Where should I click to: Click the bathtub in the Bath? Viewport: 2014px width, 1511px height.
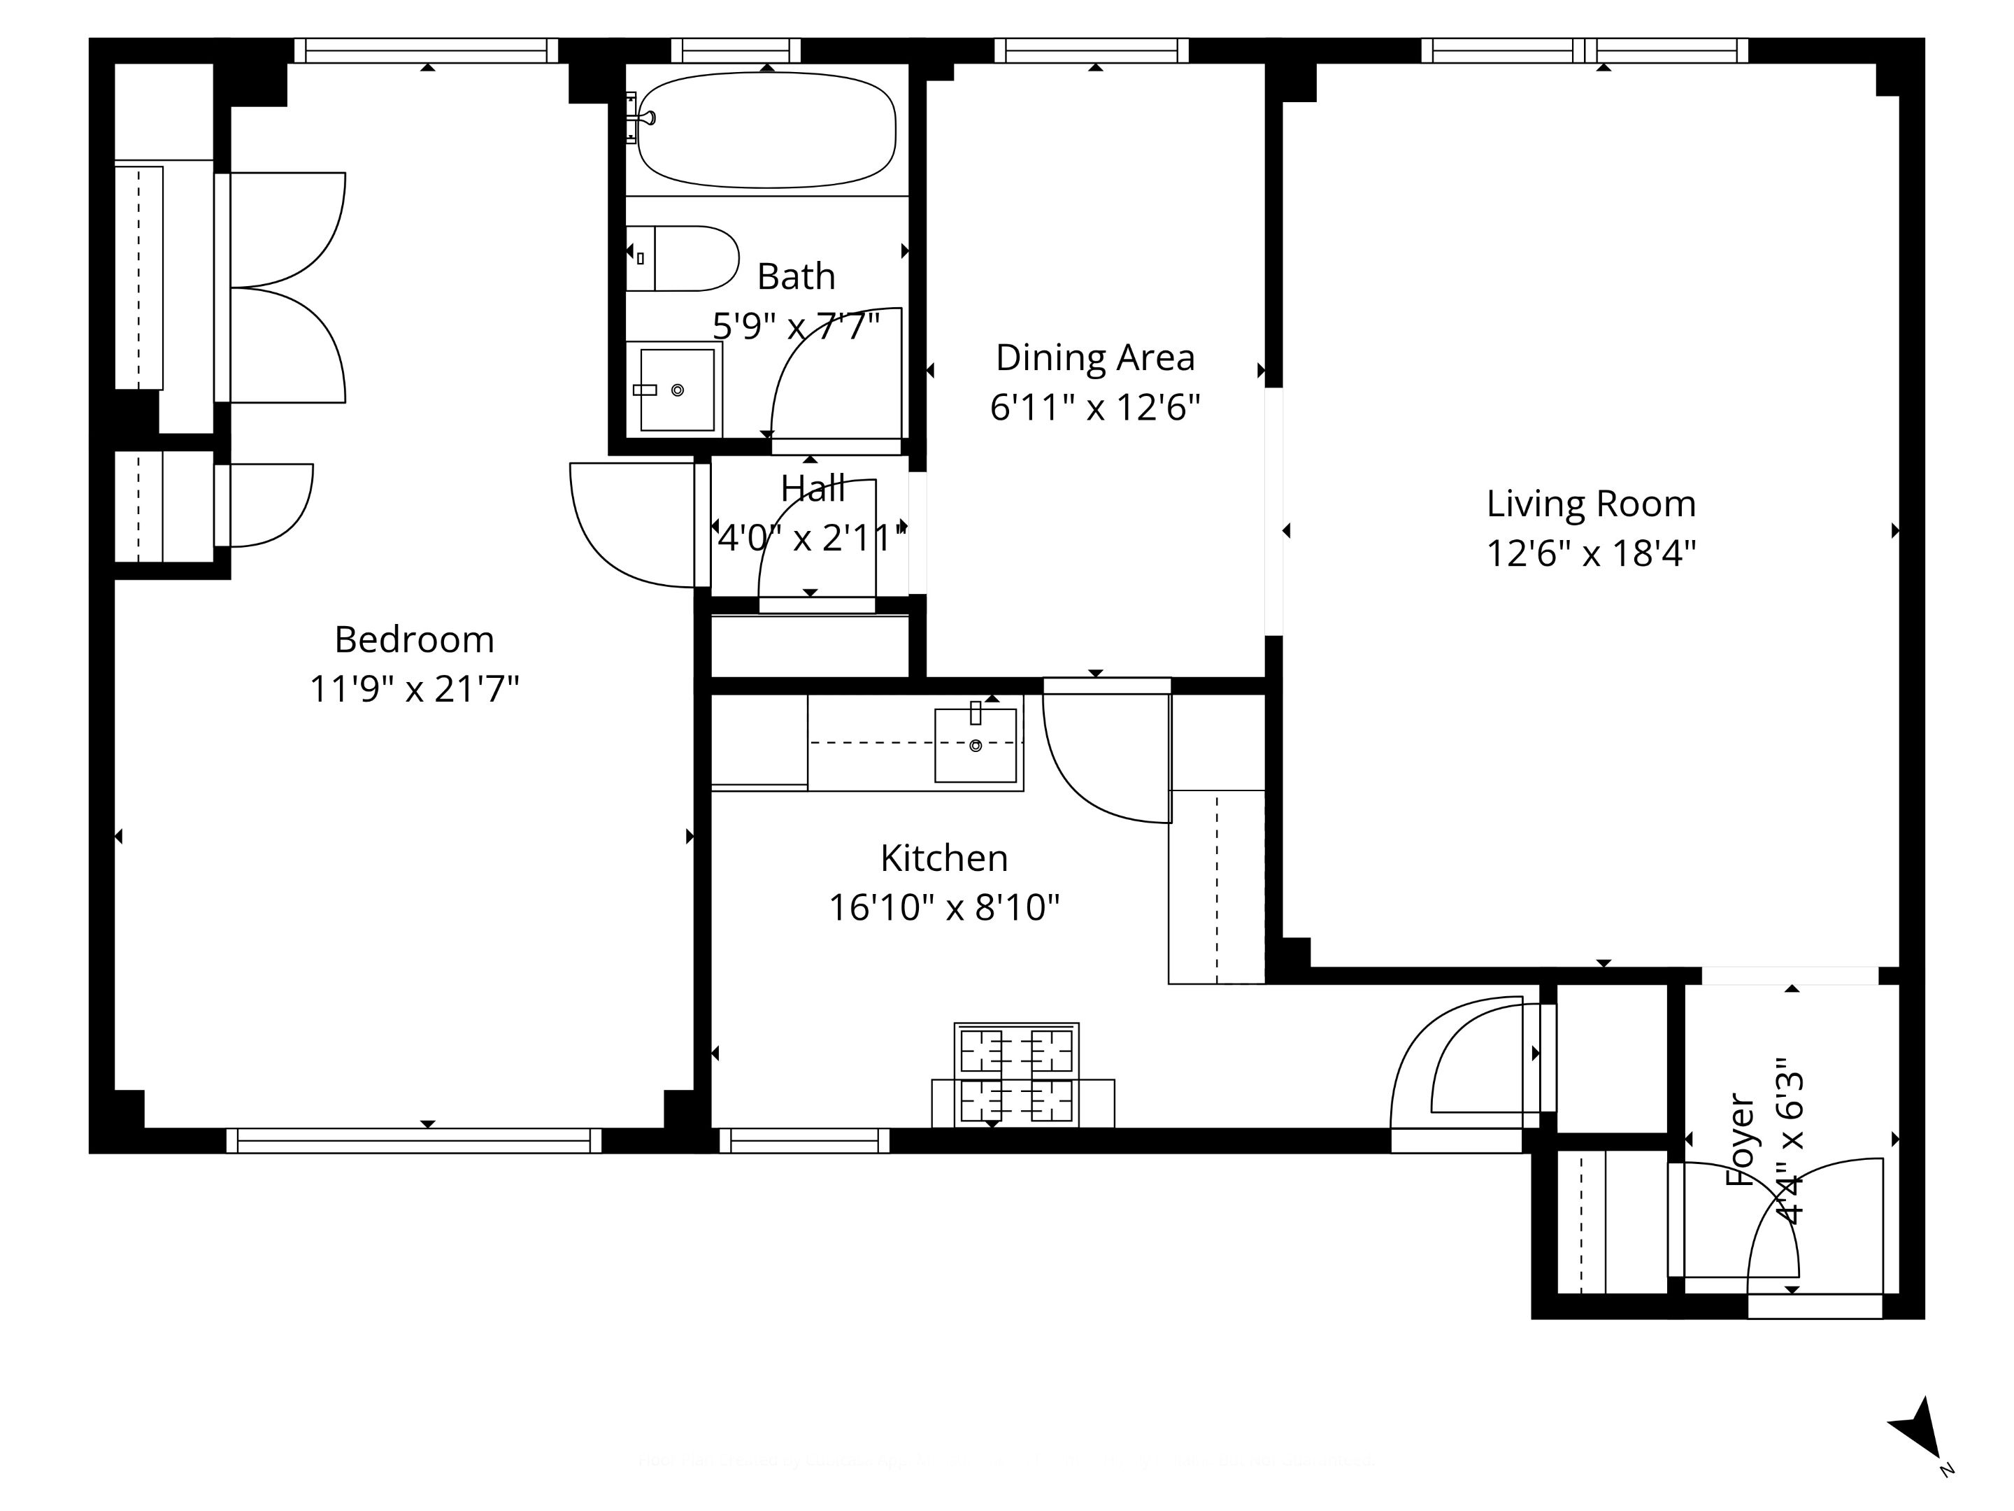[x=766, y=130]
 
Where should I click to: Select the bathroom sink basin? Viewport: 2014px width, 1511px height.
[x=676, y=390]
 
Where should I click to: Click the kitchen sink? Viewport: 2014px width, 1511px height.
[x=975, y=745]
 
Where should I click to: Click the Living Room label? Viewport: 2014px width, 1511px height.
[x=1591, y=504]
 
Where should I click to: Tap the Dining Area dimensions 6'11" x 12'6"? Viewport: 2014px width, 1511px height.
[x=1094, y=407]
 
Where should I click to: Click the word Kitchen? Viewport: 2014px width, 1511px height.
[x=944, y=858]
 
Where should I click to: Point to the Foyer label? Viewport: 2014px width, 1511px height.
[x=1740, y=1138]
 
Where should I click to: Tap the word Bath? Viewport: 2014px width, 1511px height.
[x=796, y=276]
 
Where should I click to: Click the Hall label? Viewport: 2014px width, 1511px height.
[x=812, y=489]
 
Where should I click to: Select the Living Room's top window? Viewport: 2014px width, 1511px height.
[x=1584, y=50]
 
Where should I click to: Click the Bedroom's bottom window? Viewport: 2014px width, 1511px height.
[x=414, y=1140]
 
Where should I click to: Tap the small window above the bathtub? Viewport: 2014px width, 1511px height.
[x=736, y=50]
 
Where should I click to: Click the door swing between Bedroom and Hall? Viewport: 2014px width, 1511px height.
[x=628, y=528]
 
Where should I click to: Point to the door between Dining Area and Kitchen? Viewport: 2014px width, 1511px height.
[x=1106, y=756]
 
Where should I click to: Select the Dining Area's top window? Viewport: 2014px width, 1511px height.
[x=1091, y=50]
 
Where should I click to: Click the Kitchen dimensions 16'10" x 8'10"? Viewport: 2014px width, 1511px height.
[x=944, y=908]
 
